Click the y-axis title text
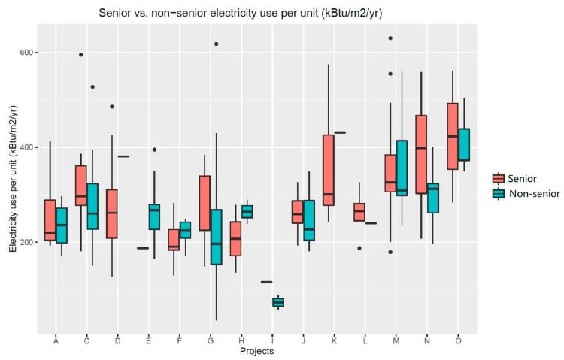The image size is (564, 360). tap(13, 179)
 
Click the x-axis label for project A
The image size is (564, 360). tap(56, 341)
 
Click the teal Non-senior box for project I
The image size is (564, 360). tap(278, 302)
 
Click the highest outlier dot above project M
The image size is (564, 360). tap(390, 38)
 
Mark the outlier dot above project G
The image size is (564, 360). tap(216, 44)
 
